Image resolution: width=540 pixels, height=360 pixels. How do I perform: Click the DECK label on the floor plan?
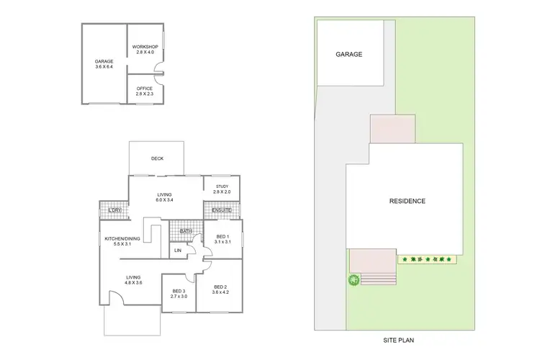156,159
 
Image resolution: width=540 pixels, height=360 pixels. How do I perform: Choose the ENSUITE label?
222,210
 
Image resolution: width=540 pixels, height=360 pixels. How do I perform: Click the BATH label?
185,231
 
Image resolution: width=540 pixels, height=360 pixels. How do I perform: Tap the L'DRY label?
112,210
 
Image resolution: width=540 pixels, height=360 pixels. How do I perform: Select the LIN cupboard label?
178,251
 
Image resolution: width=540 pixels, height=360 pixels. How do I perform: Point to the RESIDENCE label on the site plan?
408,201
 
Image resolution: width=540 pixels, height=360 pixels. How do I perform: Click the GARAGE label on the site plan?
348,54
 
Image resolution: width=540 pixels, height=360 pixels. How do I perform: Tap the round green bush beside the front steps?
354,280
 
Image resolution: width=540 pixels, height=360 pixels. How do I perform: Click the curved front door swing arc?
115,295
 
